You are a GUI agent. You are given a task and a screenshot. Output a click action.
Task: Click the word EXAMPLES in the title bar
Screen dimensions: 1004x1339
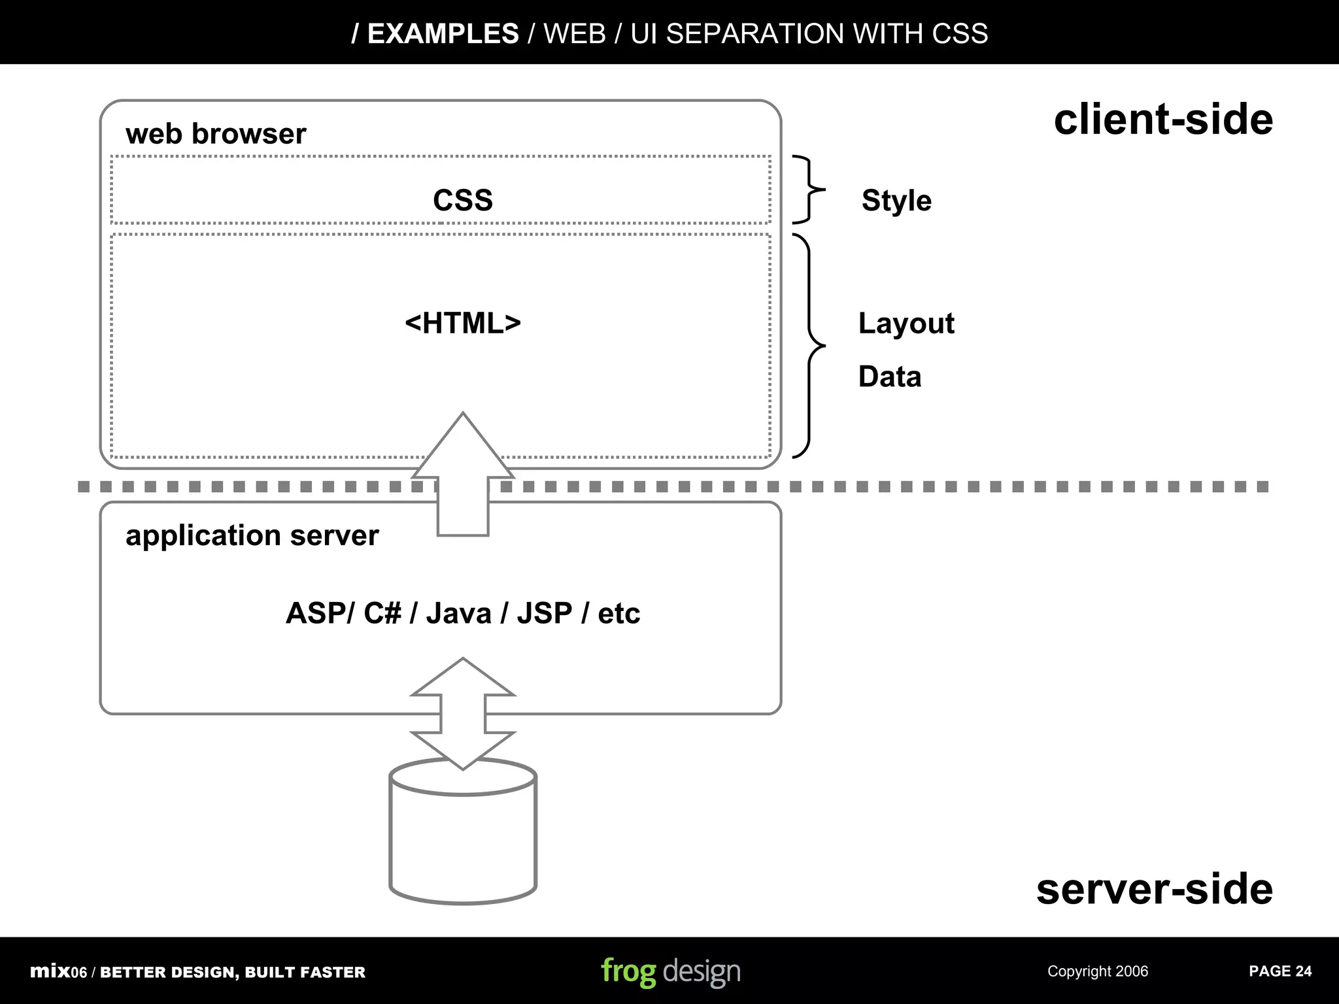[x=443, y=33]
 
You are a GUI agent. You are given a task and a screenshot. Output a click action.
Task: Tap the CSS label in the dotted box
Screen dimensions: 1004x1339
[x=462, y=200]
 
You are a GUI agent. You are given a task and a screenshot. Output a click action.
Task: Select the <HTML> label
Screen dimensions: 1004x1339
[x=462, y=323]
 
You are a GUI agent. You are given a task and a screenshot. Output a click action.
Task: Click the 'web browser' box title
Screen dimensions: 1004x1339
[x=215, y=134]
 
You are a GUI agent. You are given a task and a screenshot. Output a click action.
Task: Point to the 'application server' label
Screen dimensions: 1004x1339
[x=252, y=535]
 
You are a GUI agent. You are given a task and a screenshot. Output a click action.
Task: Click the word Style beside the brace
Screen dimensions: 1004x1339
[x=896, y=200]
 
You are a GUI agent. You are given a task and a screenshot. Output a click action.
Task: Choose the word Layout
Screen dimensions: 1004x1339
[x=906, y=323]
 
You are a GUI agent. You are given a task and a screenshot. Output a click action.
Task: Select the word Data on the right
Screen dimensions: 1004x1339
[x=889, y=376]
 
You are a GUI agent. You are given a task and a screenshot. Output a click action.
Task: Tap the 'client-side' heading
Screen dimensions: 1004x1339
[x=1162, y=120]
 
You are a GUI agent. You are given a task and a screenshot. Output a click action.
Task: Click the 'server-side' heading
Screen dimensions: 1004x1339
[x=1154, y=889]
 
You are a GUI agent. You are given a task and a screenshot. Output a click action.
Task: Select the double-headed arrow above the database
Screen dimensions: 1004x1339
[x=463, y=714]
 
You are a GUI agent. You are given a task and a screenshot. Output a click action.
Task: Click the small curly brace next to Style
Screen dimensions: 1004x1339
[x=809, y=190]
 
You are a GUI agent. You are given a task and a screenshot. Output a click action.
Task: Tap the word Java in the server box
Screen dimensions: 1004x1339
[x=458, y=613]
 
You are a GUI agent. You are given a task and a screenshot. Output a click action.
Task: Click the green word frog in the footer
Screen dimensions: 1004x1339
[x=628, y=972]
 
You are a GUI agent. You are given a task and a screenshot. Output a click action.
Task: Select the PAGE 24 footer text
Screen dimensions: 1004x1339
[x=1280, y=971]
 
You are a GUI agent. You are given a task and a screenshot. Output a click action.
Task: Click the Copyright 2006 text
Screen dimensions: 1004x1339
[x=1097, y=971]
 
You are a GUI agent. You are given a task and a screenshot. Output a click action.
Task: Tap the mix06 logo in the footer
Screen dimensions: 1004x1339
[x=58, y=971]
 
